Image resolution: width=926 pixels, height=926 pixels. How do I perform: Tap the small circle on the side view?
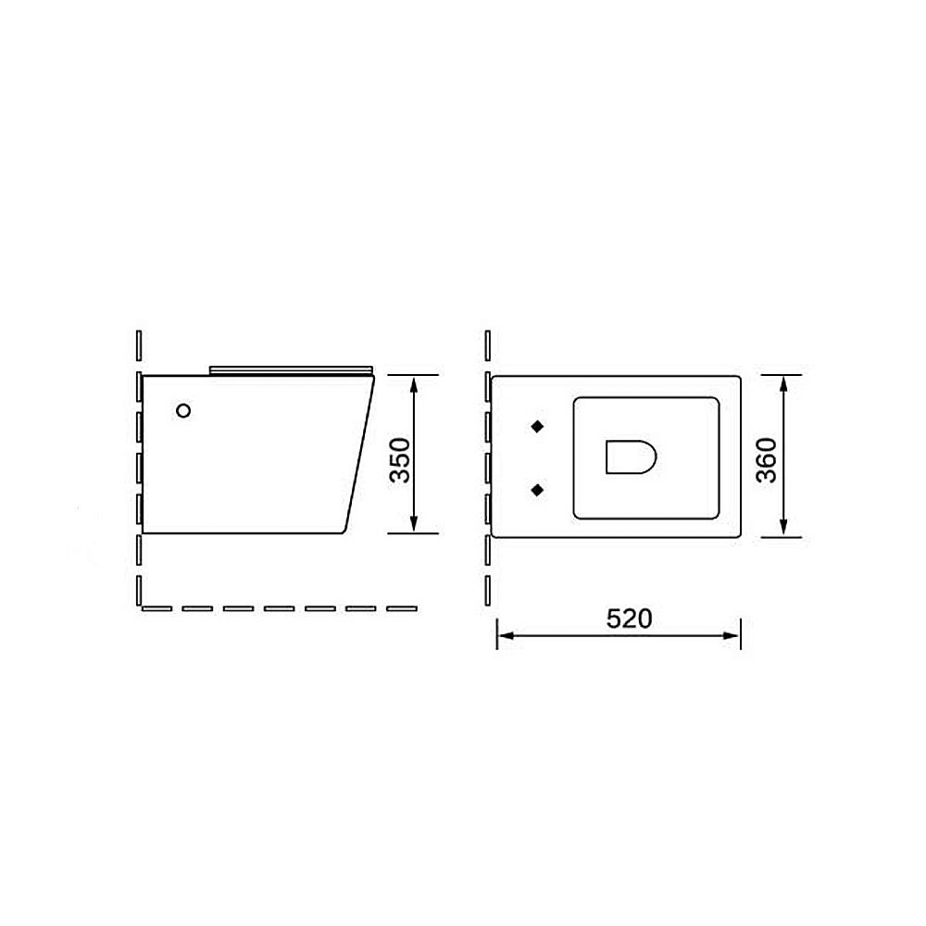tap(183, 409)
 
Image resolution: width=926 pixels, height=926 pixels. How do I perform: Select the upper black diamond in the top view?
tap(537, 426)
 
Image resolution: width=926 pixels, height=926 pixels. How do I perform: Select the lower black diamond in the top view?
tap(537, 488)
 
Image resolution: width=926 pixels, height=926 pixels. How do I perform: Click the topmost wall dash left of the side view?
tap(137, 345)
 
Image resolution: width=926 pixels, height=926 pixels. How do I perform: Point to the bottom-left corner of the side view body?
tap(143, 533)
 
